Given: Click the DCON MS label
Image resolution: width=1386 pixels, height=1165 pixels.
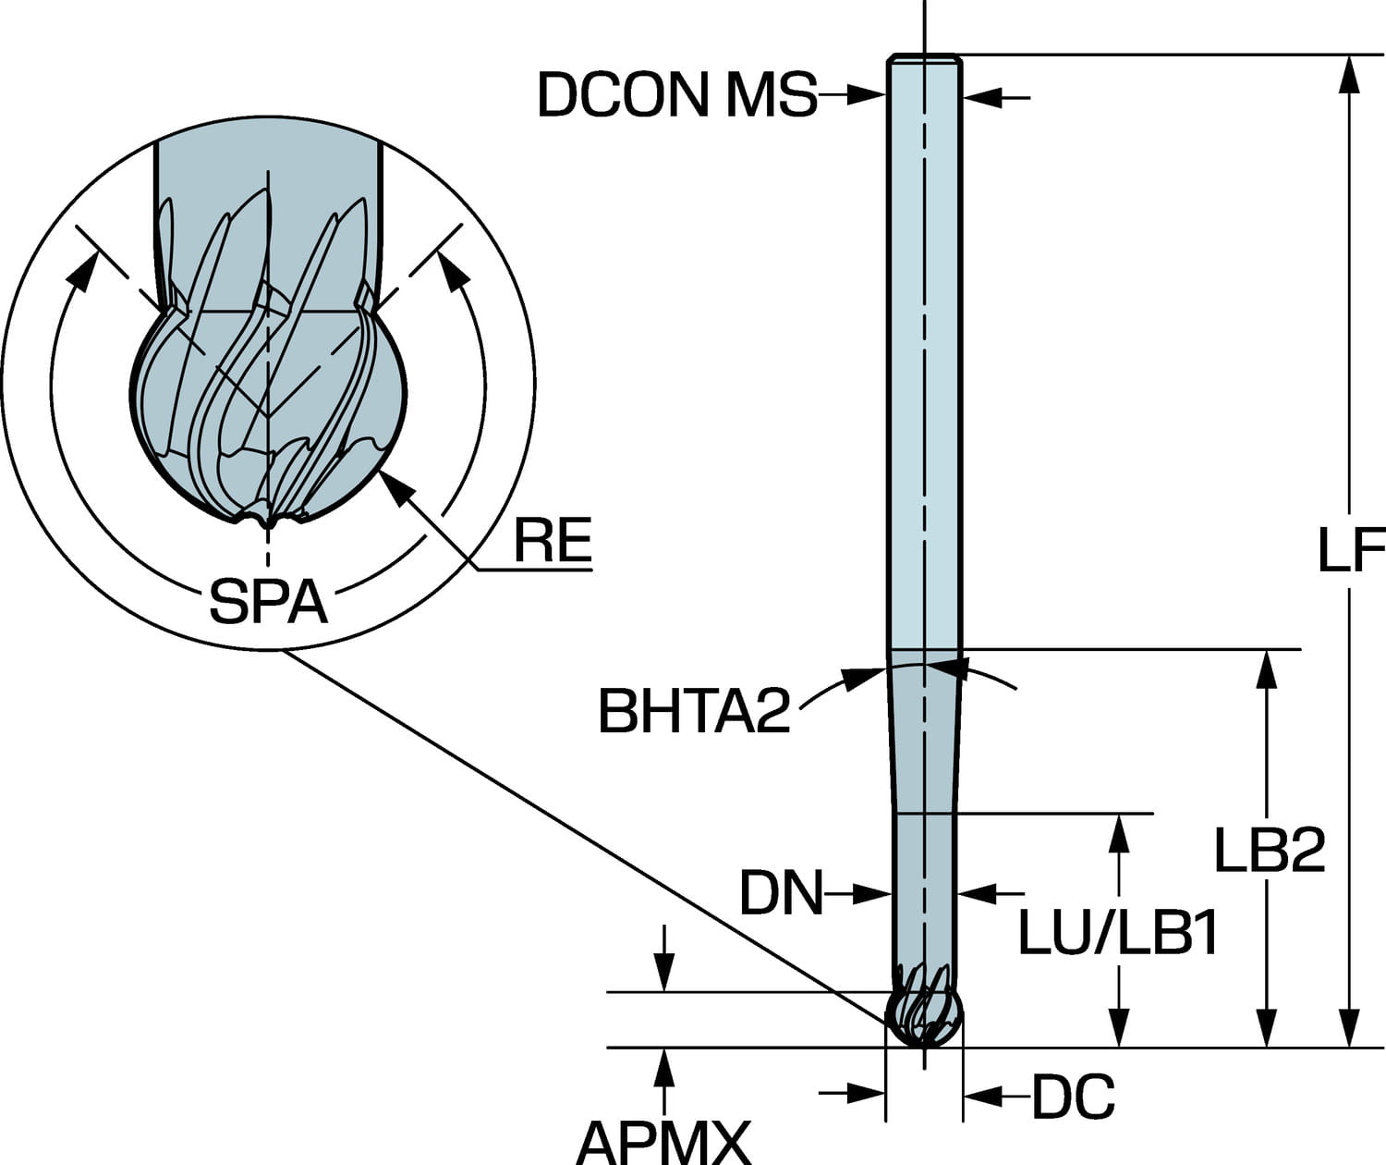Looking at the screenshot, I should [677, 94].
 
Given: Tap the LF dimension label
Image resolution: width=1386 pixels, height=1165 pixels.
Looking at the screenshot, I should [1350, 551].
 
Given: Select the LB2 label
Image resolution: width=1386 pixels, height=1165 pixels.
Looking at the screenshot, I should [1269, 851].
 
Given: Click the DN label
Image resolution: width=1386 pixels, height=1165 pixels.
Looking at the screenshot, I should [781, 894].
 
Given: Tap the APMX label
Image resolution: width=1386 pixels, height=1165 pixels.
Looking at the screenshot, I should [663, 1143].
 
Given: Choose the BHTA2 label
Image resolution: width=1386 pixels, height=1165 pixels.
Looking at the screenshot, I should [695, 711].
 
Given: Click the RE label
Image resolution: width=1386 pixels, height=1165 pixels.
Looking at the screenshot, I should [552, 541].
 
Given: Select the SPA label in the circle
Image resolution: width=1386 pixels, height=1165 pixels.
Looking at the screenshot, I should [268, 603].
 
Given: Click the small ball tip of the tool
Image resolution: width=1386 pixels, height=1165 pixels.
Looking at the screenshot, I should [923, 1018].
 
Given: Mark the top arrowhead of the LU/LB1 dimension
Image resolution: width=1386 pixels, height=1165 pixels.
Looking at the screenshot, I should [1120, 831].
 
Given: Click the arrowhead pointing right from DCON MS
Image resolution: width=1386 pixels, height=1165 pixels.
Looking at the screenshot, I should [869, 93].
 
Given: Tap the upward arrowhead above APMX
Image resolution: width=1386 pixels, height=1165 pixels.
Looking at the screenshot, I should [663, 1066].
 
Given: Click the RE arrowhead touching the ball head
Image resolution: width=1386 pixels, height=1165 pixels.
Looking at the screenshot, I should [393, 486].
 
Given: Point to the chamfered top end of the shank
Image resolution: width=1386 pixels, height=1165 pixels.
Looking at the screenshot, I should [924, 60].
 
